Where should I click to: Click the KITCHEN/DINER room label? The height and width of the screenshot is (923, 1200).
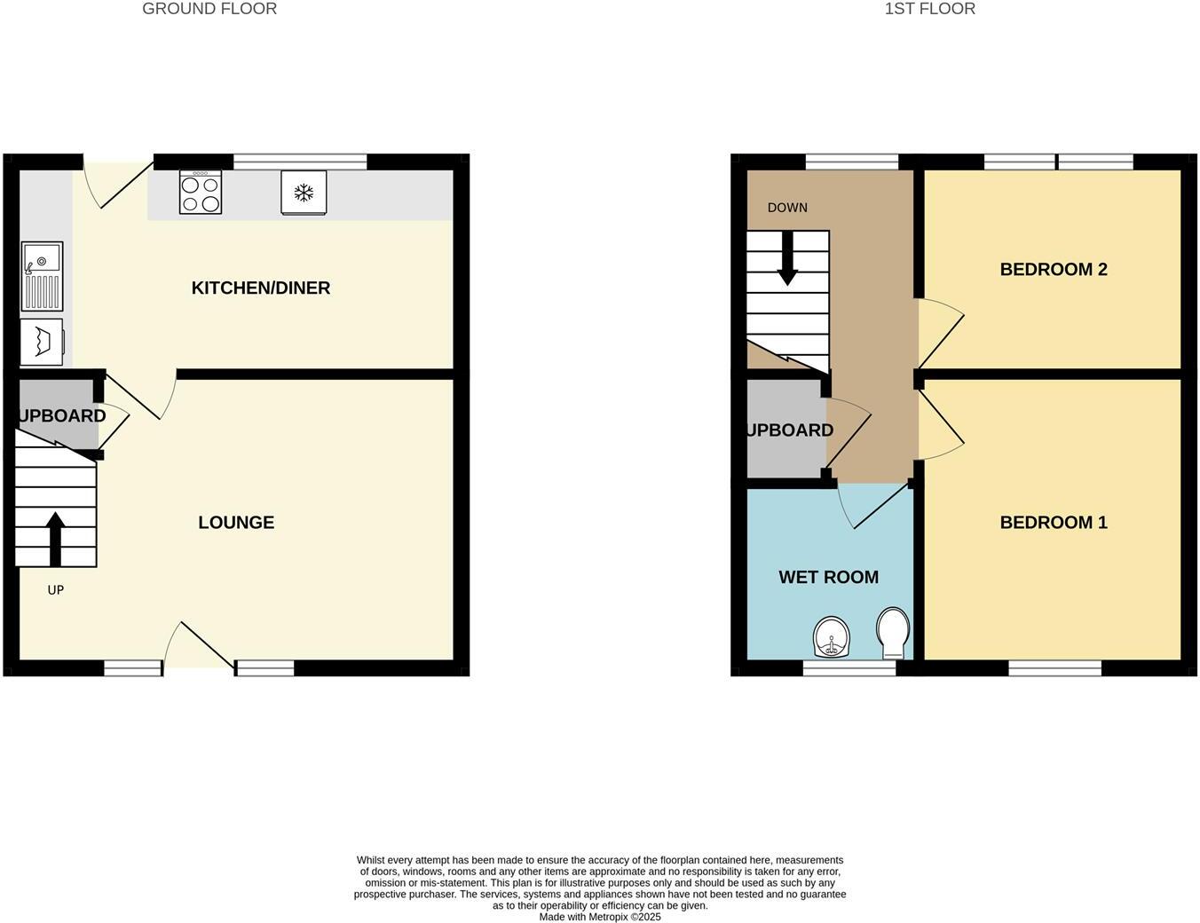pyautogui.click(x=261, y=288)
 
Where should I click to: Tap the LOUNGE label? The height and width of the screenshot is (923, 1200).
pyautogui.click(x=236, y=523)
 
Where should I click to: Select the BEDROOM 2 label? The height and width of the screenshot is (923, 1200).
pyautogui.click(x=1054, y=269)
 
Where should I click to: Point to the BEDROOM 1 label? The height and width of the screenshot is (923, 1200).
pyautogui.click(x=1054, y=522)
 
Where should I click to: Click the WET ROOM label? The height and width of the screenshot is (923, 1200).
pyautogui.click(x=828, y=577)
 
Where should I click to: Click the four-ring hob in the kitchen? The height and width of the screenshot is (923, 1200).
pyautogui.click(x=201, y=193)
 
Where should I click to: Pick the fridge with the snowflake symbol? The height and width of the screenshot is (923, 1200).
pyautogui.click(x=304, y=193)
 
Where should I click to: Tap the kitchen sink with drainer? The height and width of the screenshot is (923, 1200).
pyautogui.click(x=42, y=276)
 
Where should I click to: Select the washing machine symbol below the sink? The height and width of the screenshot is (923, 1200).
pyautogui.click(x=42, y=342)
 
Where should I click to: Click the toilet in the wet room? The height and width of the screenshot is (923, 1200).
pyautogui.click(x=892, y=632)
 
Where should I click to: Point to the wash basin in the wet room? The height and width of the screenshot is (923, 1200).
pyautogui.click(x=832, y=637)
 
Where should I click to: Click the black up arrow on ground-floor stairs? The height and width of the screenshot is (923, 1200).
pyautogui.click(x=55, y=538)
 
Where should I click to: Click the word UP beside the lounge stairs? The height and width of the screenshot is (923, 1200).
pyautogui.click(x=56, y=590)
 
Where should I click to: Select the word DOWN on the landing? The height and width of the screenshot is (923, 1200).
pyautogui.click(x=787, y=208)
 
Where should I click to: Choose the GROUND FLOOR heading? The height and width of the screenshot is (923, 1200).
pyautogui.click(x=209, y=9)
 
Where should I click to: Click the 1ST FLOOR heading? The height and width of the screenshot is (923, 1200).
pyautogui.click(x=929, y=9)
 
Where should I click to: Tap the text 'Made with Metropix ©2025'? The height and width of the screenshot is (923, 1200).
pyautogui.click(x=600, y=917)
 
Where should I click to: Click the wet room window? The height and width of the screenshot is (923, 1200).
pyautogui.click(x=849, y=668)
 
